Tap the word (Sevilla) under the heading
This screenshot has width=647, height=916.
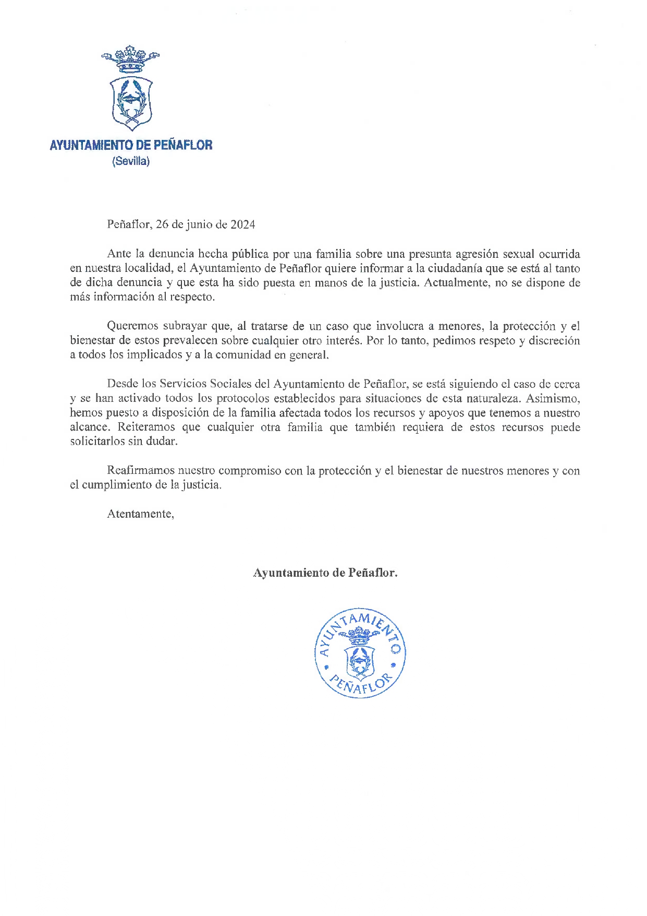[x=131, y=161]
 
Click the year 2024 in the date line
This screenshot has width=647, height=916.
[x=243, y=224]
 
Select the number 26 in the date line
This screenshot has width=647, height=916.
[x=162, y=224]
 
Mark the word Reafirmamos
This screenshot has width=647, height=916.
[x=141, y=471]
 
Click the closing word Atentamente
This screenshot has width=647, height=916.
[x=140, y=514]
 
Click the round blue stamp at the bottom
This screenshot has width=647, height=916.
[x=360, y=653]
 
